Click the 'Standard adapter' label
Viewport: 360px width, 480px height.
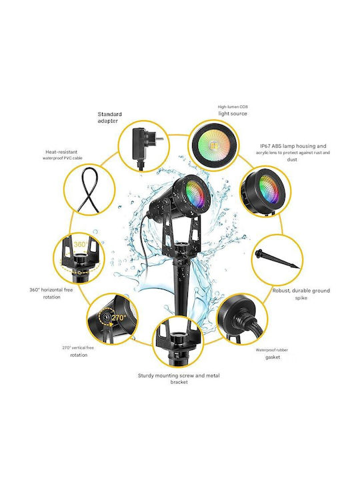[x=109, y=117]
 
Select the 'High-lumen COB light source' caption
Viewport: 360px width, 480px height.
[x=233, y=110]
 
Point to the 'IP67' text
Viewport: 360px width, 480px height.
[x=266, y=146]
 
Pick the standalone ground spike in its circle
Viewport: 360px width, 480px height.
[x=277, y=259]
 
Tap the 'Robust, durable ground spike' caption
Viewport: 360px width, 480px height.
[x=301, y=294]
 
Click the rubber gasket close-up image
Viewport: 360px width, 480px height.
[x=242, y=318]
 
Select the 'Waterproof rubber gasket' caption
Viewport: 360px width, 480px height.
[x=272, y=353]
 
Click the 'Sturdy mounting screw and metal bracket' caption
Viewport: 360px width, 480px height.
[x=179, y=379]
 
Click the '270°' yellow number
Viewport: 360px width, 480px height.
[x=119, y=318]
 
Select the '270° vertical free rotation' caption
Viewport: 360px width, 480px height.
[x=79, y=351]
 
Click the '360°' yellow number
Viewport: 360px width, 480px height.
[x=81, y=244]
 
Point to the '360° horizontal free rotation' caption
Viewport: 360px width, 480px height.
[x=51, y=293]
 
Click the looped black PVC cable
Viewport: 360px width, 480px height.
[x=89, y=190]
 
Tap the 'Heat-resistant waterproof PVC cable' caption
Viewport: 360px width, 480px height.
[x=62, y=155]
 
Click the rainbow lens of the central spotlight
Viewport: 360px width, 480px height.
[x=195, y=195]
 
